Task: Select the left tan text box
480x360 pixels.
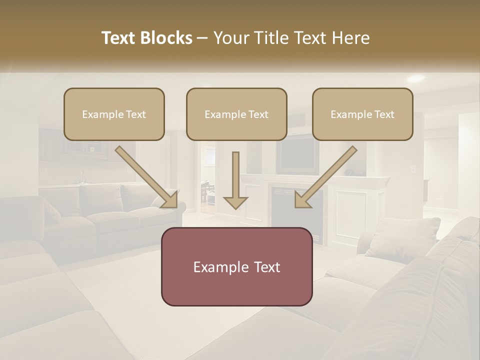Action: [x=114, y=114]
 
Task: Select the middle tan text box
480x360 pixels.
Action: [x=236, y=114]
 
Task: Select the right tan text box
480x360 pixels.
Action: [x=362, y=114]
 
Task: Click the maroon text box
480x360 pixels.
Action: [x=236, y=266]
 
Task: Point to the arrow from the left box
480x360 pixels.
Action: [x=146, y=177]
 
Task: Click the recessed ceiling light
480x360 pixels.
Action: [x=415, y=78]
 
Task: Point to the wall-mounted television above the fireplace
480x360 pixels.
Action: [x=298, y=155]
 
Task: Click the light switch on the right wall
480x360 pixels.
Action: [x=413, y=169]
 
